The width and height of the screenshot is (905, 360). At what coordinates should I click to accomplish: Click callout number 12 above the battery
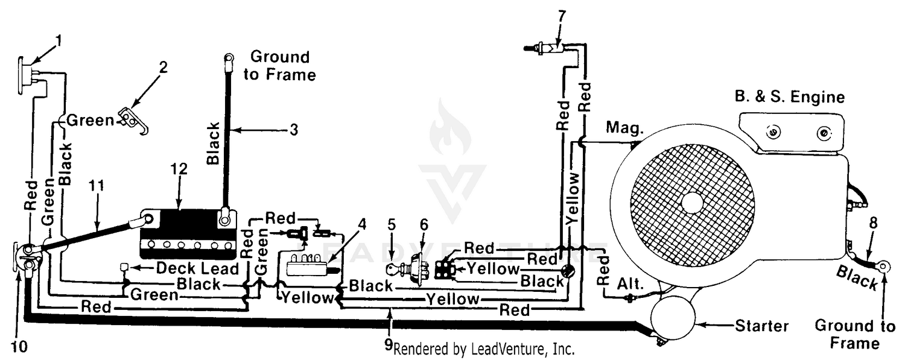[x=179, y=169]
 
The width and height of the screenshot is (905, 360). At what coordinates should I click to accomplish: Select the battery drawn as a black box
[x=188, y=234]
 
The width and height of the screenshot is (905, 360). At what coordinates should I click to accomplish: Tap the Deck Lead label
[x=197, y=268]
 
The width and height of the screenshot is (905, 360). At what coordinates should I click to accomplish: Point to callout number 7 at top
[x=562, y=16]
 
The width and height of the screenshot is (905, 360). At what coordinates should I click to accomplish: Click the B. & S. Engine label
[x=789, y=97]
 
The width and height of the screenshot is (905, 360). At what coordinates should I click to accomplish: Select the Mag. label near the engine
[x=624, y=128]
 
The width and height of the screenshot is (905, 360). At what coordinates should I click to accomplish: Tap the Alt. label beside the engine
[x=630, y=284]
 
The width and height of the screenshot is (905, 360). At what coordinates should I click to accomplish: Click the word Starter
[x=761, y=326]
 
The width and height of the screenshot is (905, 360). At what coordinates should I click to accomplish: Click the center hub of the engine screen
[x=692, y=203]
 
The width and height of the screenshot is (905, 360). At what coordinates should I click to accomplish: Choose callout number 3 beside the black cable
[x=294, y=130]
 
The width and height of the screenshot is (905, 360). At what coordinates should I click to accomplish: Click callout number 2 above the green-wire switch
[x=163, y=68]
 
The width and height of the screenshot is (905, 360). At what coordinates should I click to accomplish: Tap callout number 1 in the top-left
[x=59, y=41]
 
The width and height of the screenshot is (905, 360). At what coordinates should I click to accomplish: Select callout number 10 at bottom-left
[x=19, y=346]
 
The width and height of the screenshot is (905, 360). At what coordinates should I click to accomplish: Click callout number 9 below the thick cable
[x=389, y=344]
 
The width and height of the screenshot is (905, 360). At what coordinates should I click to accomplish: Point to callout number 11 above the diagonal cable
[x=96, y=186]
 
